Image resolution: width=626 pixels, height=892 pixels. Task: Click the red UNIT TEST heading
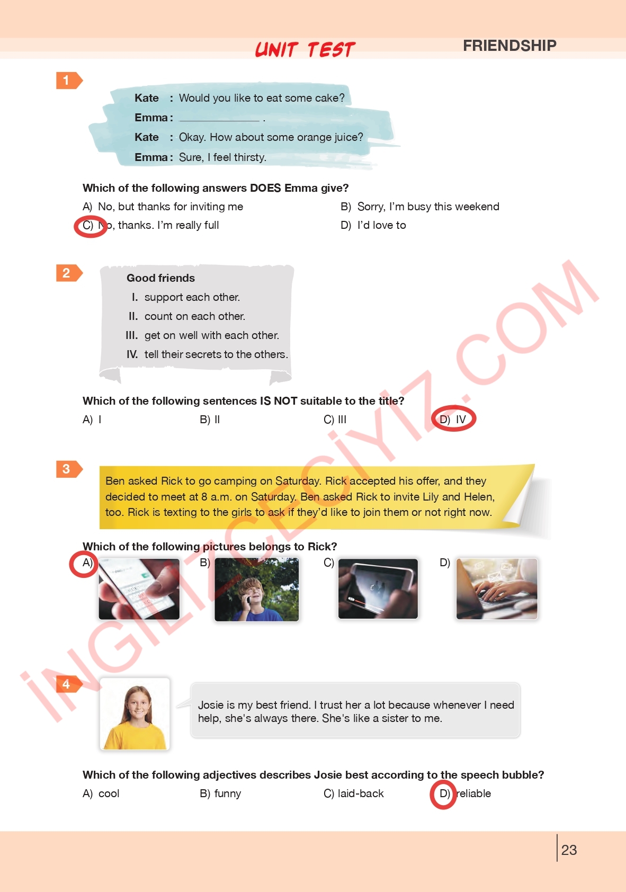click(x=305, y=49)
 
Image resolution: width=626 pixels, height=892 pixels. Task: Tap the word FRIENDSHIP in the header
click(x=509, y=46)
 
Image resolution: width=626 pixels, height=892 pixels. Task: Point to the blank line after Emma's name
click(x=219, y=120)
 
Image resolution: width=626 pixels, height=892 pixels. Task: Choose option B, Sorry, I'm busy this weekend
click(x=420, y=206)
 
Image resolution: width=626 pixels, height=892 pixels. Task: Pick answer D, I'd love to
click(x=373, y=225)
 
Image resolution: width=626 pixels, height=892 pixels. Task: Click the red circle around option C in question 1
click(x=91, y=227)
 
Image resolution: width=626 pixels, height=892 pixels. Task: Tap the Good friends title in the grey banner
click(x=160, y=278)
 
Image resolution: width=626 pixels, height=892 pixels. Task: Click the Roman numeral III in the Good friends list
click(x=131, y=335)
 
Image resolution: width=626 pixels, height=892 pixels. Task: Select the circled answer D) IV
click(x=453, y=419)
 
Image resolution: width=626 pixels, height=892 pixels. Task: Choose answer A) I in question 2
click(x=92, y=420)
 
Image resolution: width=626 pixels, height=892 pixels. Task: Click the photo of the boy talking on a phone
click(x=256, y=589)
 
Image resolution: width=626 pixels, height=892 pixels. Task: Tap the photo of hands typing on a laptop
click(x=497, y=588)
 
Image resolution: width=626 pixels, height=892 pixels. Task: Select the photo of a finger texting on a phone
click(x=139, y=588)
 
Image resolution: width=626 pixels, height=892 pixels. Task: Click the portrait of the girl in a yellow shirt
click(x=135, y=714)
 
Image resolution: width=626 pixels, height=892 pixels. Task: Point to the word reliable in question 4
click(x=473, y=793)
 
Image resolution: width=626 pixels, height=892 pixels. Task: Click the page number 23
click(x=569, y=850)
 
